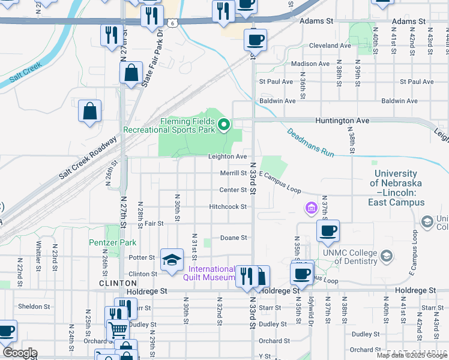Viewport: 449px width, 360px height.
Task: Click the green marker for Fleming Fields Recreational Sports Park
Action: coord(224,125)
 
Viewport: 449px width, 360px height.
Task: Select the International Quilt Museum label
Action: coord(212,273)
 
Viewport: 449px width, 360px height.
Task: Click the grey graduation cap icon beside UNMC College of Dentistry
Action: coord(387,256)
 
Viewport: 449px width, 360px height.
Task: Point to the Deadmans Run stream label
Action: coord(310,143)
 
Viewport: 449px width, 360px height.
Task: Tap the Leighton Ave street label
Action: coord(228,157)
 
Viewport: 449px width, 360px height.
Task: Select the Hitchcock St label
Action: coord(228,206)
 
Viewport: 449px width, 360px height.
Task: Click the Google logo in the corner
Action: coord(20,353)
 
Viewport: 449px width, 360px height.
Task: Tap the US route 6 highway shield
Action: coord(172,22)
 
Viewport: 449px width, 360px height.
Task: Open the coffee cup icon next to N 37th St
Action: coord(328,231)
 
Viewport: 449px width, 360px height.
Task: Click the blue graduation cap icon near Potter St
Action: coord(172,260)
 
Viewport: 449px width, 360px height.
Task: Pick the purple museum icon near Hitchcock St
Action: coord(311,208)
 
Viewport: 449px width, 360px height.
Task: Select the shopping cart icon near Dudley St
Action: coord(118,329)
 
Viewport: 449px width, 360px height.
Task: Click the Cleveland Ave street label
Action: coord(330,46)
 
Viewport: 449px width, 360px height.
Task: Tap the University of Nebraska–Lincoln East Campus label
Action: coord(396,183)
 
